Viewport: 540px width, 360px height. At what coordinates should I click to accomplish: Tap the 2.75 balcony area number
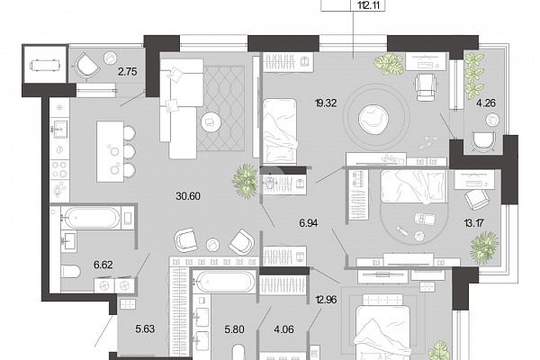[128, 72]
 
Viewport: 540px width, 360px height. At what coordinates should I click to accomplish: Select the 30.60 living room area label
[188, 196]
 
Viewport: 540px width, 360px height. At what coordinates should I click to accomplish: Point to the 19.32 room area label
[326, 103]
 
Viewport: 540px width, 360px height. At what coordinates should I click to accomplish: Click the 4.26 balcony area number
[486, 103]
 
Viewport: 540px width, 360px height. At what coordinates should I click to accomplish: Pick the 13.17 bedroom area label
[473, 223]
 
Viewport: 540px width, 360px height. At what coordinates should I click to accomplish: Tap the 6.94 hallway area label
[308, 223]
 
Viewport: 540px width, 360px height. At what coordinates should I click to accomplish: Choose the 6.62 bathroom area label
[103, 265]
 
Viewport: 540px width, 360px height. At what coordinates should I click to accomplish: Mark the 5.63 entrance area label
[145, 329]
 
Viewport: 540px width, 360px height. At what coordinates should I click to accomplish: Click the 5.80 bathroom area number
[235, 329]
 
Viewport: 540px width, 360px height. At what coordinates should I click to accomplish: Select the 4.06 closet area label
[284, 329]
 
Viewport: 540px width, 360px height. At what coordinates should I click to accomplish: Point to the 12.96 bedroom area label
[326, 300]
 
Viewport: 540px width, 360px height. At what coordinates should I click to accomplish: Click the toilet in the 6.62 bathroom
[70, 271]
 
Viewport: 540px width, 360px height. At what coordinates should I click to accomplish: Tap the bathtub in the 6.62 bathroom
[93, 218]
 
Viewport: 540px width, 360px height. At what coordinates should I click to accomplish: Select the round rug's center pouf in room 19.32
[373, 119]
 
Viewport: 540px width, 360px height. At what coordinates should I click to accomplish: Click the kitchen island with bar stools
[116, 151]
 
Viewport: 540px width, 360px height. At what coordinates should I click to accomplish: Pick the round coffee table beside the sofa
[211, 121]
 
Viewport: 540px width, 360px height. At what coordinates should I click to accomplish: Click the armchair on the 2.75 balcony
[86, 66]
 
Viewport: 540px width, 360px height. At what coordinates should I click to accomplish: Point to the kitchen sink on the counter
[60, 129]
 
